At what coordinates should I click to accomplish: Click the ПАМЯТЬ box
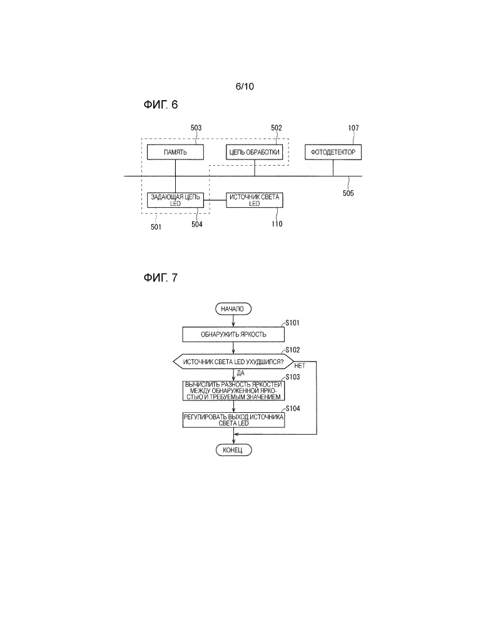[x=175, y=152]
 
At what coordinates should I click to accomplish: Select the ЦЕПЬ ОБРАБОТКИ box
[x=254, y=152]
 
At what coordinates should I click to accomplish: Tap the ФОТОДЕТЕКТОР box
[x=333, y=152]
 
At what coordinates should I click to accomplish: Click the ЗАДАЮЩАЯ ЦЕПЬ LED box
[x=175, y=200]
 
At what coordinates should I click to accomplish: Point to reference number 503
[x=196, y=128]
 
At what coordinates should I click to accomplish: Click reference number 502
[x=276, y=128]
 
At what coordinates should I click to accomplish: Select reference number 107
[x=353, y=128]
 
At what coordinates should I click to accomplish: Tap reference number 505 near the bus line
[x=348, y=193]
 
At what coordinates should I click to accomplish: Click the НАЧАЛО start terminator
[x=233, y=308]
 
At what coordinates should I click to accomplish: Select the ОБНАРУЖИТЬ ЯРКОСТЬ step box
[x=233, y=334]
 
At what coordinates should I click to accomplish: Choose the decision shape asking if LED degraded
[x=233, y=362]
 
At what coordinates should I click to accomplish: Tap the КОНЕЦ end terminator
[x=233, y=450]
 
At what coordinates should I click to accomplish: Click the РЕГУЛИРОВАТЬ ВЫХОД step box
[x=233, y=419]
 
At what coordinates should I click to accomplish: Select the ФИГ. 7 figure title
[x=161, y=277]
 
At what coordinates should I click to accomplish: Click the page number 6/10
[x=245, y=87]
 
